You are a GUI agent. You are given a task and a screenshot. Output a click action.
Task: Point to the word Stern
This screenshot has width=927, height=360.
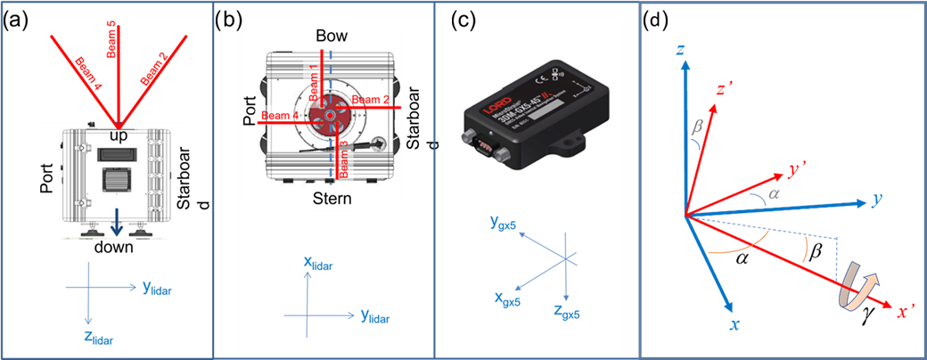332,198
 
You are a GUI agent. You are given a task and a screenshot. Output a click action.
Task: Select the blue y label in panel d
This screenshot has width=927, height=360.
879,200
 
